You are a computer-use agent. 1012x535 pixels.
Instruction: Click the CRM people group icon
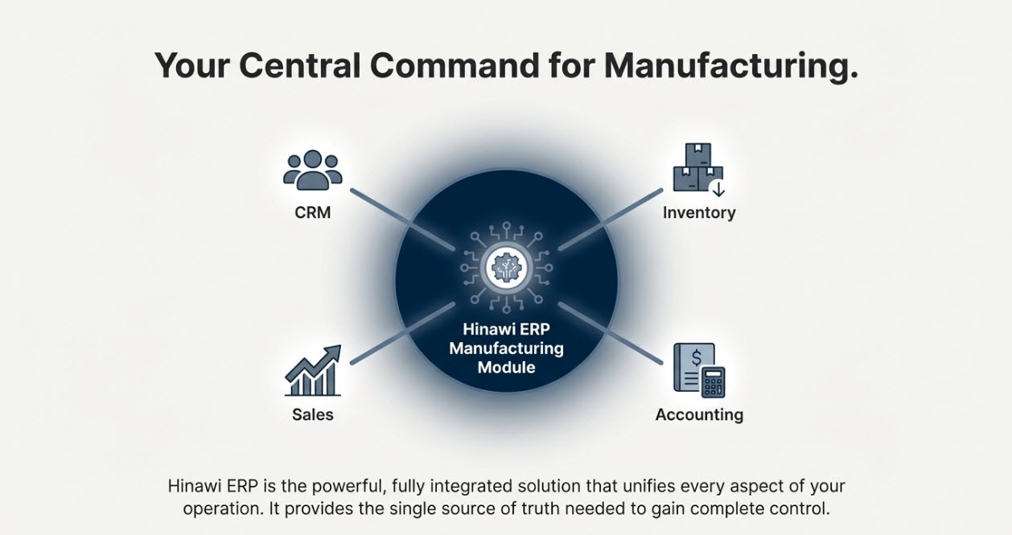313,170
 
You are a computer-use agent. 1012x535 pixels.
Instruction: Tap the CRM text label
313,213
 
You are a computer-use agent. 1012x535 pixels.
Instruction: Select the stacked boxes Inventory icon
698,170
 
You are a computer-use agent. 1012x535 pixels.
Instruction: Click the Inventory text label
699,213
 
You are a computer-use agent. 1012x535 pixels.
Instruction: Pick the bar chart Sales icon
313,371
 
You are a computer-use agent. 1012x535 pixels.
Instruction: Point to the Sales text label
313,415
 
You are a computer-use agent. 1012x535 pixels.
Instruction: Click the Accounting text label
699,415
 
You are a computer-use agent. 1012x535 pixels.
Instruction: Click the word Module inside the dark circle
506,368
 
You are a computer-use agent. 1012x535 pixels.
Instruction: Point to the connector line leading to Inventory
611,218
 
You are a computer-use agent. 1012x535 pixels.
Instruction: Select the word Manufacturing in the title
730,65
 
